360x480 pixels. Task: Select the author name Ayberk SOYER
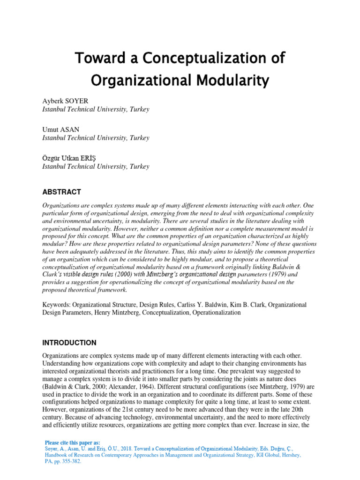[x=65, y=101]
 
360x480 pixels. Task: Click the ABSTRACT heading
[x=61, y=192]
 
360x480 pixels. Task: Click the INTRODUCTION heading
[x=69, y=343]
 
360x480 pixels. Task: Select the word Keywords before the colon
[x=56, y=305]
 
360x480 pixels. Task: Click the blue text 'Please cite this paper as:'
[x=72, y=442]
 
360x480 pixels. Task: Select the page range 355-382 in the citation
[x=74, y=461]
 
